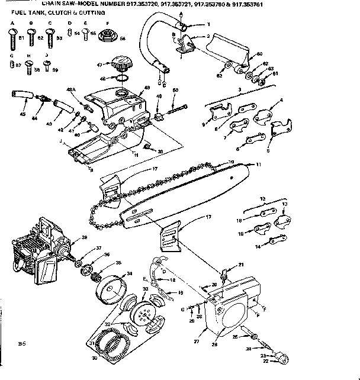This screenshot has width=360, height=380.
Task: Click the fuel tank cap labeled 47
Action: coord(122,62)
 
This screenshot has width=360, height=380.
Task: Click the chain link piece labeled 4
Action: coord(263,118)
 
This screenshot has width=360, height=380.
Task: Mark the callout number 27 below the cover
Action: coord(197,342)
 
